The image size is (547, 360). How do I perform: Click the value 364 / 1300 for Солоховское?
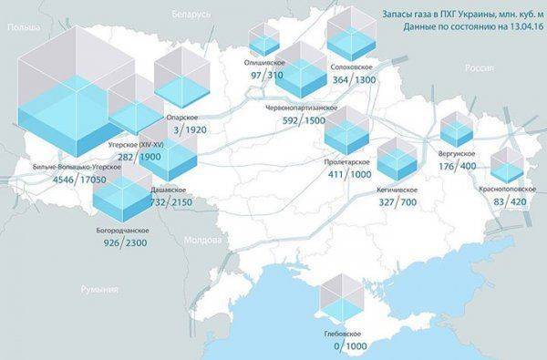[x=352, y=80]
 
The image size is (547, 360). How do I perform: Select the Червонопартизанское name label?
[x=301, y=108]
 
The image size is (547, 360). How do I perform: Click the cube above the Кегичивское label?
[x=397, y=159]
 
